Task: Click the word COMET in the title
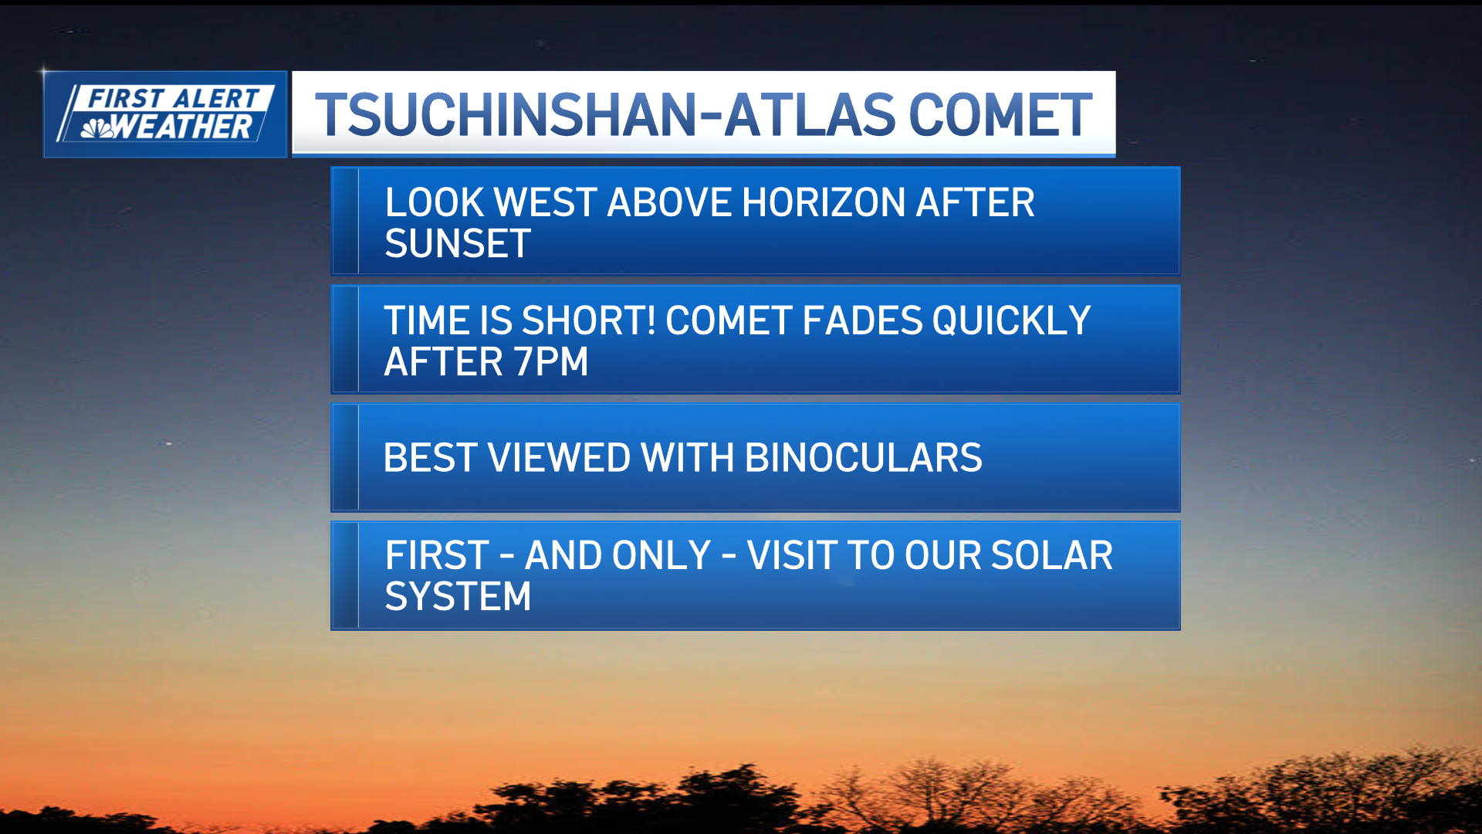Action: click(1000, 115)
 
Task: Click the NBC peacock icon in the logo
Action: click(98, 128)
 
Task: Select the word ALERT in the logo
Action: click(215, 99)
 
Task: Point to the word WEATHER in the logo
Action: click(183, 127)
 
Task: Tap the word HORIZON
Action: click(824, 202)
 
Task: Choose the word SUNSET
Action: click(458, 243)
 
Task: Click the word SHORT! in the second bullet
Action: click(589, 320)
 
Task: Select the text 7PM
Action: click(551, 361)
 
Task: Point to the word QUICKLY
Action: click(1011, 320)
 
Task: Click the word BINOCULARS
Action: click(864, 458)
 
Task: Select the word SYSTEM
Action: click(458, 596)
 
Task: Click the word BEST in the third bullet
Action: click(431, 458)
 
